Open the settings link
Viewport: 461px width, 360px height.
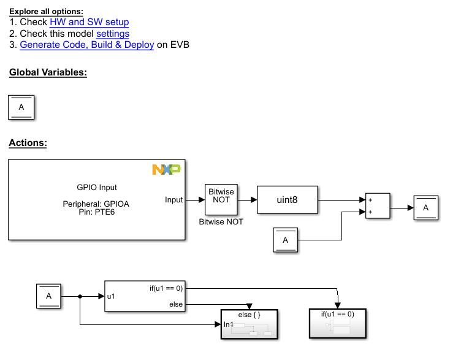pos(112,34)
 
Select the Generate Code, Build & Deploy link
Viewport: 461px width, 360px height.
pos(86,45)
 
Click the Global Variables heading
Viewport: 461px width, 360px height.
pos(48,72)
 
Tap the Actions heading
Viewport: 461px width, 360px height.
pos(28,144)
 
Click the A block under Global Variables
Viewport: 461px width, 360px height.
pos(21,107)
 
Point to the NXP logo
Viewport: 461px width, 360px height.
pos(166,169)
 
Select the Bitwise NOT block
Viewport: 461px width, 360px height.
pos(221,199)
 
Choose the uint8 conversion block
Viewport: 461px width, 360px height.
pos(287,199)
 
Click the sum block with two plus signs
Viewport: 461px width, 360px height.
pos(378,207)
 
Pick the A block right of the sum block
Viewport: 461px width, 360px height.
pos(425,208)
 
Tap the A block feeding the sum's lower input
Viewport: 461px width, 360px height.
pos(285,240)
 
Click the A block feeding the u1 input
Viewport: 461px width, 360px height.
pos(48,296)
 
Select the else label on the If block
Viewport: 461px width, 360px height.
pos(176,304)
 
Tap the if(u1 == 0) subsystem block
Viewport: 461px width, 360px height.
pos(337,323)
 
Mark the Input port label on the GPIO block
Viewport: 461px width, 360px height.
pos(174,199)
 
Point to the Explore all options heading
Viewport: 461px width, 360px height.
pos(46,11)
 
